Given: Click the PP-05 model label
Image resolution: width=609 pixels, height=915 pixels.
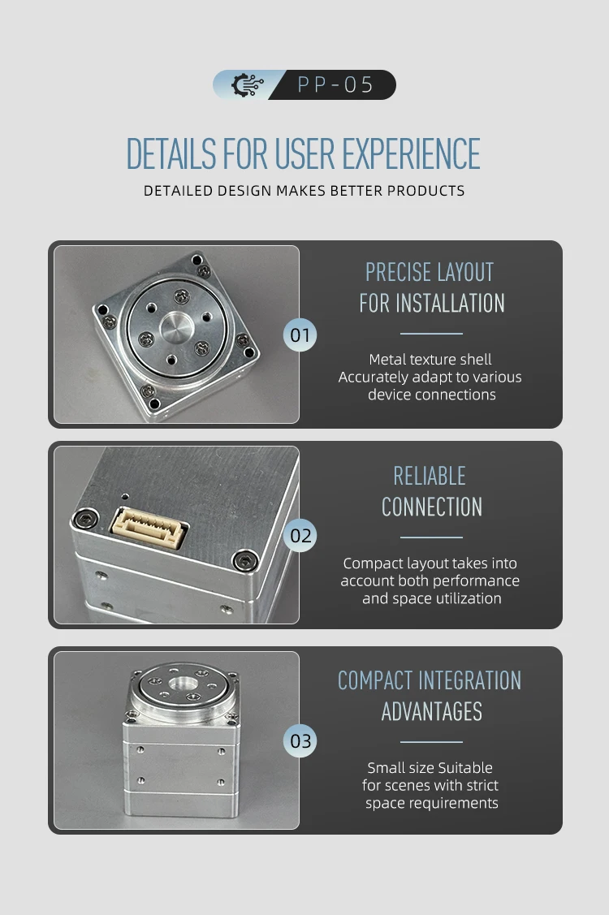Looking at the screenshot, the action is click(335, 85).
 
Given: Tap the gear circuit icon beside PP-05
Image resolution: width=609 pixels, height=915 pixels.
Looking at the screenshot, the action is click(247, 84).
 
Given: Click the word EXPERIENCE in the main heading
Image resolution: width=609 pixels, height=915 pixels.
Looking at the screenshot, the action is click(411, 154).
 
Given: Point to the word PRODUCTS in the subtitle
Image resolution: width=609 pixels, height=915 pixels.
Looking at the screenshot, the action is click(426, 191).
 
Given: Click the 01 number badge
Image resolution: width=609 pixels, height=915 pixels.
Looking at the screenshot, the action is click(300, 335).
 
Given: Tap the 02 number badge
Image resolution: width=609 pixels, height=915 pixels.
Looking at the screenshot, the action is click(300, 536).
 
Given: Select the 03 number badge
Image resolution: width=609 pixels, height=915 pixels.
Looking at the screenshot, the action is click(300, 740).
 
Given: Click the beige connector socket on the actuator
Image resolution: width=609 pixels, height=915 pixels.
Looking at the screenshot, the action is click(149, 527).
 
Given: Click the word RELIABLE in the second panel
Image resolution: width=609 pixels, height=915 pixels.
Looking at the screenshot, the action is click(430, 476).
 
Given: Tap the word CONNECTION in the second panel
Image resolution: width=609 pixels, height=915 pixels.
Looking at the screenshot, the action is click(432, 507).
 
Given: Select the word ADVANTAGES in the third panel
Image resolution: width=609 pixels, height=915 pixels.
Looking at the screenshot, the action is click(432, 712).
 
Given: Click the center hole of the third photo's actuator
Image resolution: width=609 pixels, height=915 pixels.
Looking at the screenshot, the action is click(183, 683).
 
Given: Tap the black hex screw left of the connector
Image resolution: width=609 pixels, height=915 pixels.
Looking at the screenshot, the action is click(84, 518).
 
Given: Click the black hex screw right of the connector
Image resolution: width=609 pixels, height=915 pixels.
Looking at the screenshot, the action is click(244, 561).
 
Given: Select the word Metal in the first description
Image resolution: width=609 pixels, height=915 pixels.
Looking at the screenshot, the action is click(387, 360).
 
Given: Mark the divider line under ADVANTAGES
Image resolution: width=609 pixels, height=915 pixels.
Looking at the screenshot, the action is click(431, 742).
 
